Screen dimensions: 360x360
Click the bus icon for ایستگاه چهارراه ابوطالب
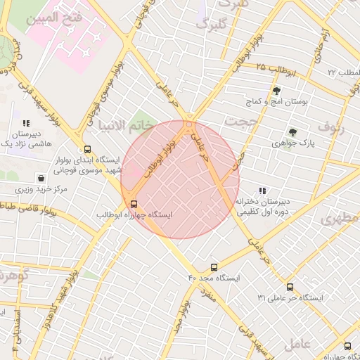[134, 204]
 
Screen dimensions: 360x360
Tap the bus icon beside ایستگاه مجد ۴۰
[214, 267]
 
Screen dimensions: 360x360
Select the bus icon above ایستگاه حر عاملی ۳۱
[290, 287]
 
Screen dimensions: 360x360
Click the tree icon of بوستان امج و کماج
[276, 91]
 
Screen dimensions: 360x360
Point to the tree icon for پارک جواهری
[292, 131]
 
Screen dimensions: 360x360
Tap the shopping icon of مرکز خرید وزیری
[41, 179]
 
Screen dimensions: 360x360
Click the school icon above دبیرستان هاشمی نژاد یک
[27, 123]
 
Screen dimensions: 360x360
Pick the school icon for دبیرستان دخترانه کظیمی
[262, 191]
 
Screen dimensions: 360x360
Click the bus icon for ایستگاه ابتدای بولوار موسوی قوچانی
[87, 149]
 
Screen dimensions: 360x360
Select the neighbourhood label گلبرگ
[212, 25]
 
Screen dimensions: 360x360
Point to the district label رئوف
[333, 127]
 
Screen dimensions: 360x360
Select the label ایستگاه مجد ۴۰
[214, 278]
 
